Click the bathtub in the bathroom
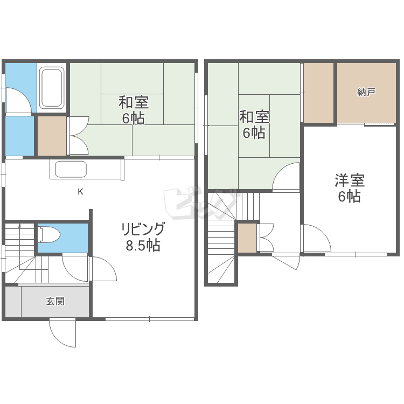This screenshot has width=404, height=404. [x=52, y=88]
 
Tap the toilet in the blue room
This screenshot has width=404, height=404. [x=49, y=235]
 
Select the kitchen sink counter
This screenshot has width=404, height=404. [x=87, y=169]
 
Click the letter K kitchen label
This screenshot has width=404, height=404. [x=80, y=192]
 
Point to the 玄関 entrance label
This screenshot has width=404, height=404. [x=55, y=301]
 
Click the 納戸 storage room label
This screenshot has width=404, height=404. [x=366, y=92]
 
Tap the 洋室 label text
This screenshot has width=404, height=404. [x=350, y=180]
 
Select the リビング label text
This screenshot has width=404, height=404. [x=143, y=229]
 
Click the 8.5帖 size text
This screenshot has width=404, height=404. [x=143, y=245]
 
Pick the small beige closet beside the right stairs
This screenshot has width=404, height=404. [x=247, y=238]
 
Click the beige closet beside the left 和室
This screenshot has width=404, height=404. [x=52, y=136]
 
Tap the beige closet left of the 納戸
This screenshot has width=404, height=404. [x=319, y=93]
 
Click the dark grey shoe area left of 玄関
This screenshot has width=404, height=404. [x=13, y=302]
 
